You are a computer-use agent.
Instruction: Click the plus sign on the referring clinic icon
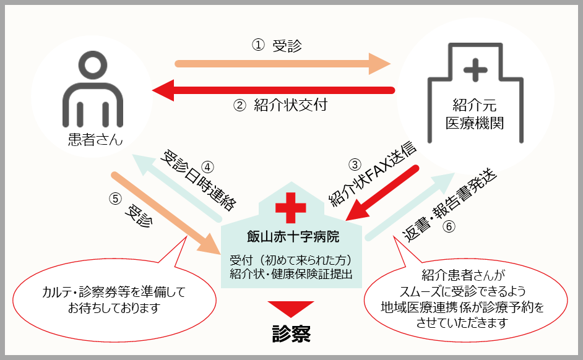(x=475, y=71)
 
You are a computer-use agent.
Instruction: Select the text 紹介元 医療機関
(x=475, y=114)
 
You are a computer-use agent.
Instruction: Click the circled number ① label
(x=258, y=45)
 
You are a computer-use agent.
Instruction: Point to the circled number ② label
(x=240, y=105)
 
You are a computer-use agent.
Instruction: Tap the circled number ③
(x=354, y=165)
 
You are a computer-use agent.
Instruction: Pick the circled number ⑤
(x=114, y=199)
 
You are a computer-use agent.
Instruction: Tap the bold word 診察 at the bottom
(x=291, y=333)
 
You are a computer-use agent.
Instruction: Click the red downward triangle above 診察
(x=291, y=308)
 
